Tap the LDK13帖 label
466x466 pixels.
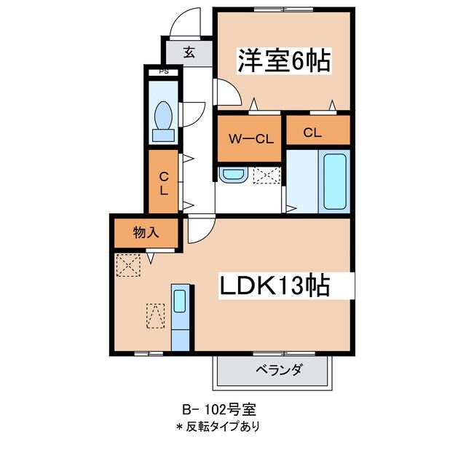click(x=276, y=286)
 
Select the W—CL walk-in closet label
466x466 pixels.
click(x=250, y=138)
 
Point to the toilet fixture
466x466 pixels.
click(x=164, y=118)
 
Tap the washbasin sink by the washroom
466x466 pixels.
click(x=233, y=175)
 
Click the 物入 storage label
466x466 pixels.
click(x=146, y=233)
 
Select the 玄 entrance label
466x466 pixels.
click(x=189, y=52)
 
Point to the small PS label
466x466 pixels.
click(x=164, y=71)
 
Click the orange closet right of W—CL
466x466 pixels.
click(x=317, y=133)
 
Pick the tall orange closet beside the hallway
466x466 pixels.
click(x=164, y=182)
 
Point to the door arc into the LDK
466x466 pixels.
click(x=199, y=232)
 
